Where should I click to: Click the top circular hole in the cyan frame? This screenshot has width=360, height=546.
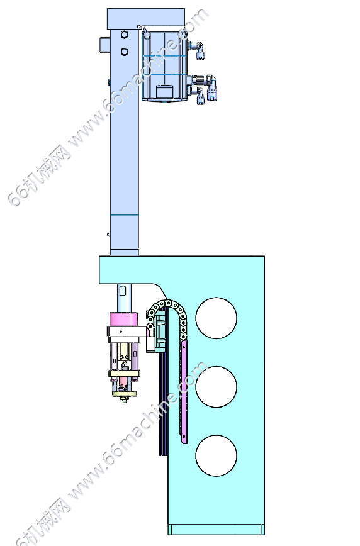[216, 318]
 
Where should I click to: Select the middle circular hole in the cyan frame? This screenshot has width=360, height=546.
[216, 387]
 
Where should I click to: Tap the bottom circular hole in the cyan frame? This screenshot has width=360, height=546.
[216, 455]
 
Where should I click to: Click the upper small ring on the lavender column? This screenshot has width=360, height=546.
[125, 35]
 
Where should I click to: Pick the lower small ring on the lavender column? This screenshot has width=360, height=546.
[125, 52]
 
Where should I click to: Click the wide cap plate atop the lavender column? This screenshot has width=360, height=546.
[146, 19]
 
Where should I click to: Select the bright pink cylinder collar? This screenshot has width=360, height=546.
[124, 320]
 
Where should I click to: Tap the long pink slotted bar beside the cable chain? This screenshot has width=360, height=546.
[184, 392]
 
